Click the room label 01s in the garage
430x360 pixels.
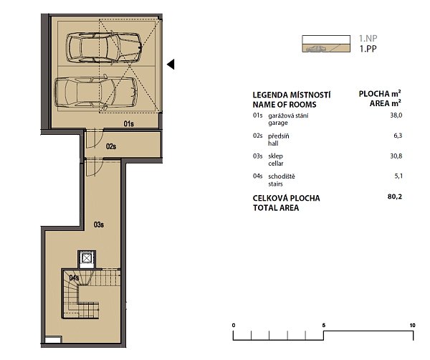pyautogui.click(x=128, y=124)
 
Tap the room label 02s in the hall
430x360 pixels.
pyautogui.click(x=111, y=146)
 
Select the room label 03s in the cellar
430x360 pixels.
pyautogui.click(x=99, y=224)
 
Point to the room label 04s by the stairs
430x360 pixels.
pyautogui.click(x=75, y=278)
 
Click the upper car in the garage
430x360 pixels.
pyautogui.click(x=104, y=48)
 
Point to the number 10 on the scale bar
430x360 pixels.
pyautogui.click(x=411, y=326)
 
